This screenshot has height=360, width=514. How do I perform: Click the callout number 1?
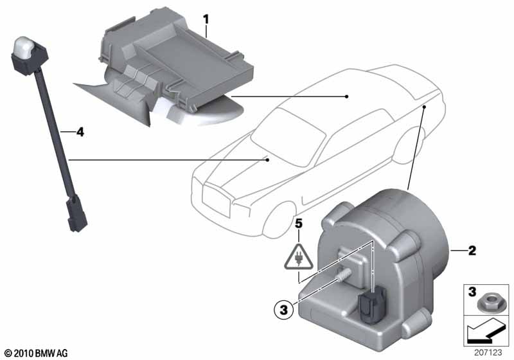(x=206, y=20)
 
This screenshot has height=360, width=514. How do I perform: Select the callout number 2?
(x=472, y=251)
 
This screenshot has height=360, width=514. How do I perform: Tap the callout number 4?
(x=80, y=132)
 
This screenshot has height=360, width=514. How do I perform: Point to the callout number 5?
(x=299, y=224)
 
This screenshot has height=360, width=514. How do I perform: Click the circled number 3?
(x=284, y=309)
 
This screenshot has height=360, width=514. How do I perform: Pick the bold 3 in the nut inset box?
(x=472, y=291)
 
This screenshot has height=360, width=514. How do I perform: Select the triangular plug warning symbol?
(x=299, y=256)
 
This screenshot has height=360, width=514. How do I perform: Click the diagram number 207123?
(x=488, y=352)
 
